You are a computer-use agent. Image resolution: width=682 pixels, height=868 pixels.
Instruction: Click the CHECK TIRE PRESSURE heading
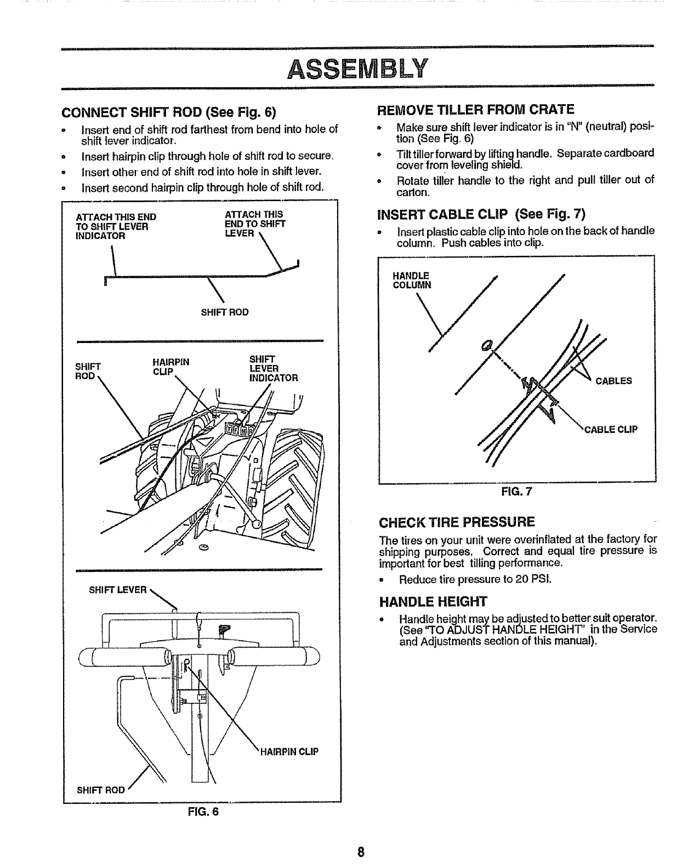coord(457,521)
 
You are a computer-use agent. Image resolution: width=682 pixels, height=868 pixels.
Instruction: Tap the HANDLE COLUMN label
coord(412,280)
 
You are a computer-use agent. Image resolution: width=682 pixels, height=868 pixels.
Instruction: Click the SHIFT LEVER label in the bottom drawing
coord(118,590)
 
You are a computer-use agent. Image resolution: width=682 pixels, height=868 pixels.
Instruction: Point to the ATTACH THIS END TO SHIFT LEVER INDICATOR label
coord(116,226)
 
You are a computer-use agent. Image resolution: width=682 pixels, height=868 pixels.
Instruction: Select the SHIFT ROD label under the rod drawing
coord(225,312)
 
